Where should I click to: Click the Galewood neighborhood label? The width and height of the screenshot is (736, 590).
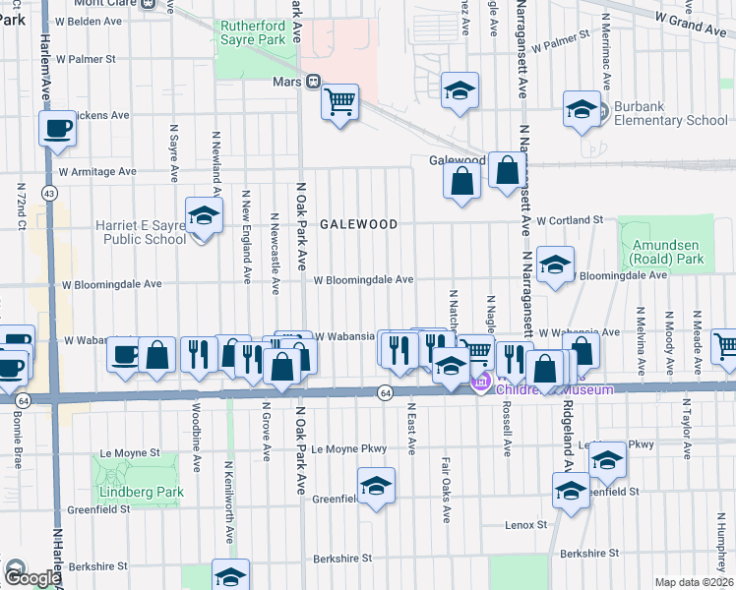(358, 224)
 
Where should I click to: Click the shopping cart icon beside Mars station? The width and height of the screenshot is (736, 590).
(339, 101)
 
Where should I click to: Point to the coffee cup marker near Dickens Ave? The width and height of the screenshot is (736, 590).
(57, 128)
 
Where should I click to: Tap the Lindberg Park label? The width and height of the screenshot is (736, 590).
(128, 491)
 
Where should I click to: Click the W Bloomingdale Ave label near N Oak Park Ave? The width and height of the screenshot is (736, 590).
(363, 280)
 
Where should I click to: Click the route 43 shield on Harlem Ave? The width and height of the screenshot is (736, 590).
(48, 194)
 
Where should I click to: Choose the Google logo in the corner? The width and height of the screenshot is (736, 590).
(31, 576)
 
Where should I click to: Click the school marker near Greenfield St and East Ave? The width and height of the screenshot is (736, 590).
(375, 487)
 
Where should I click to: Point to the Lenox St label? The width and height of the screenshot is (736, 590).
(525, 525)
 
